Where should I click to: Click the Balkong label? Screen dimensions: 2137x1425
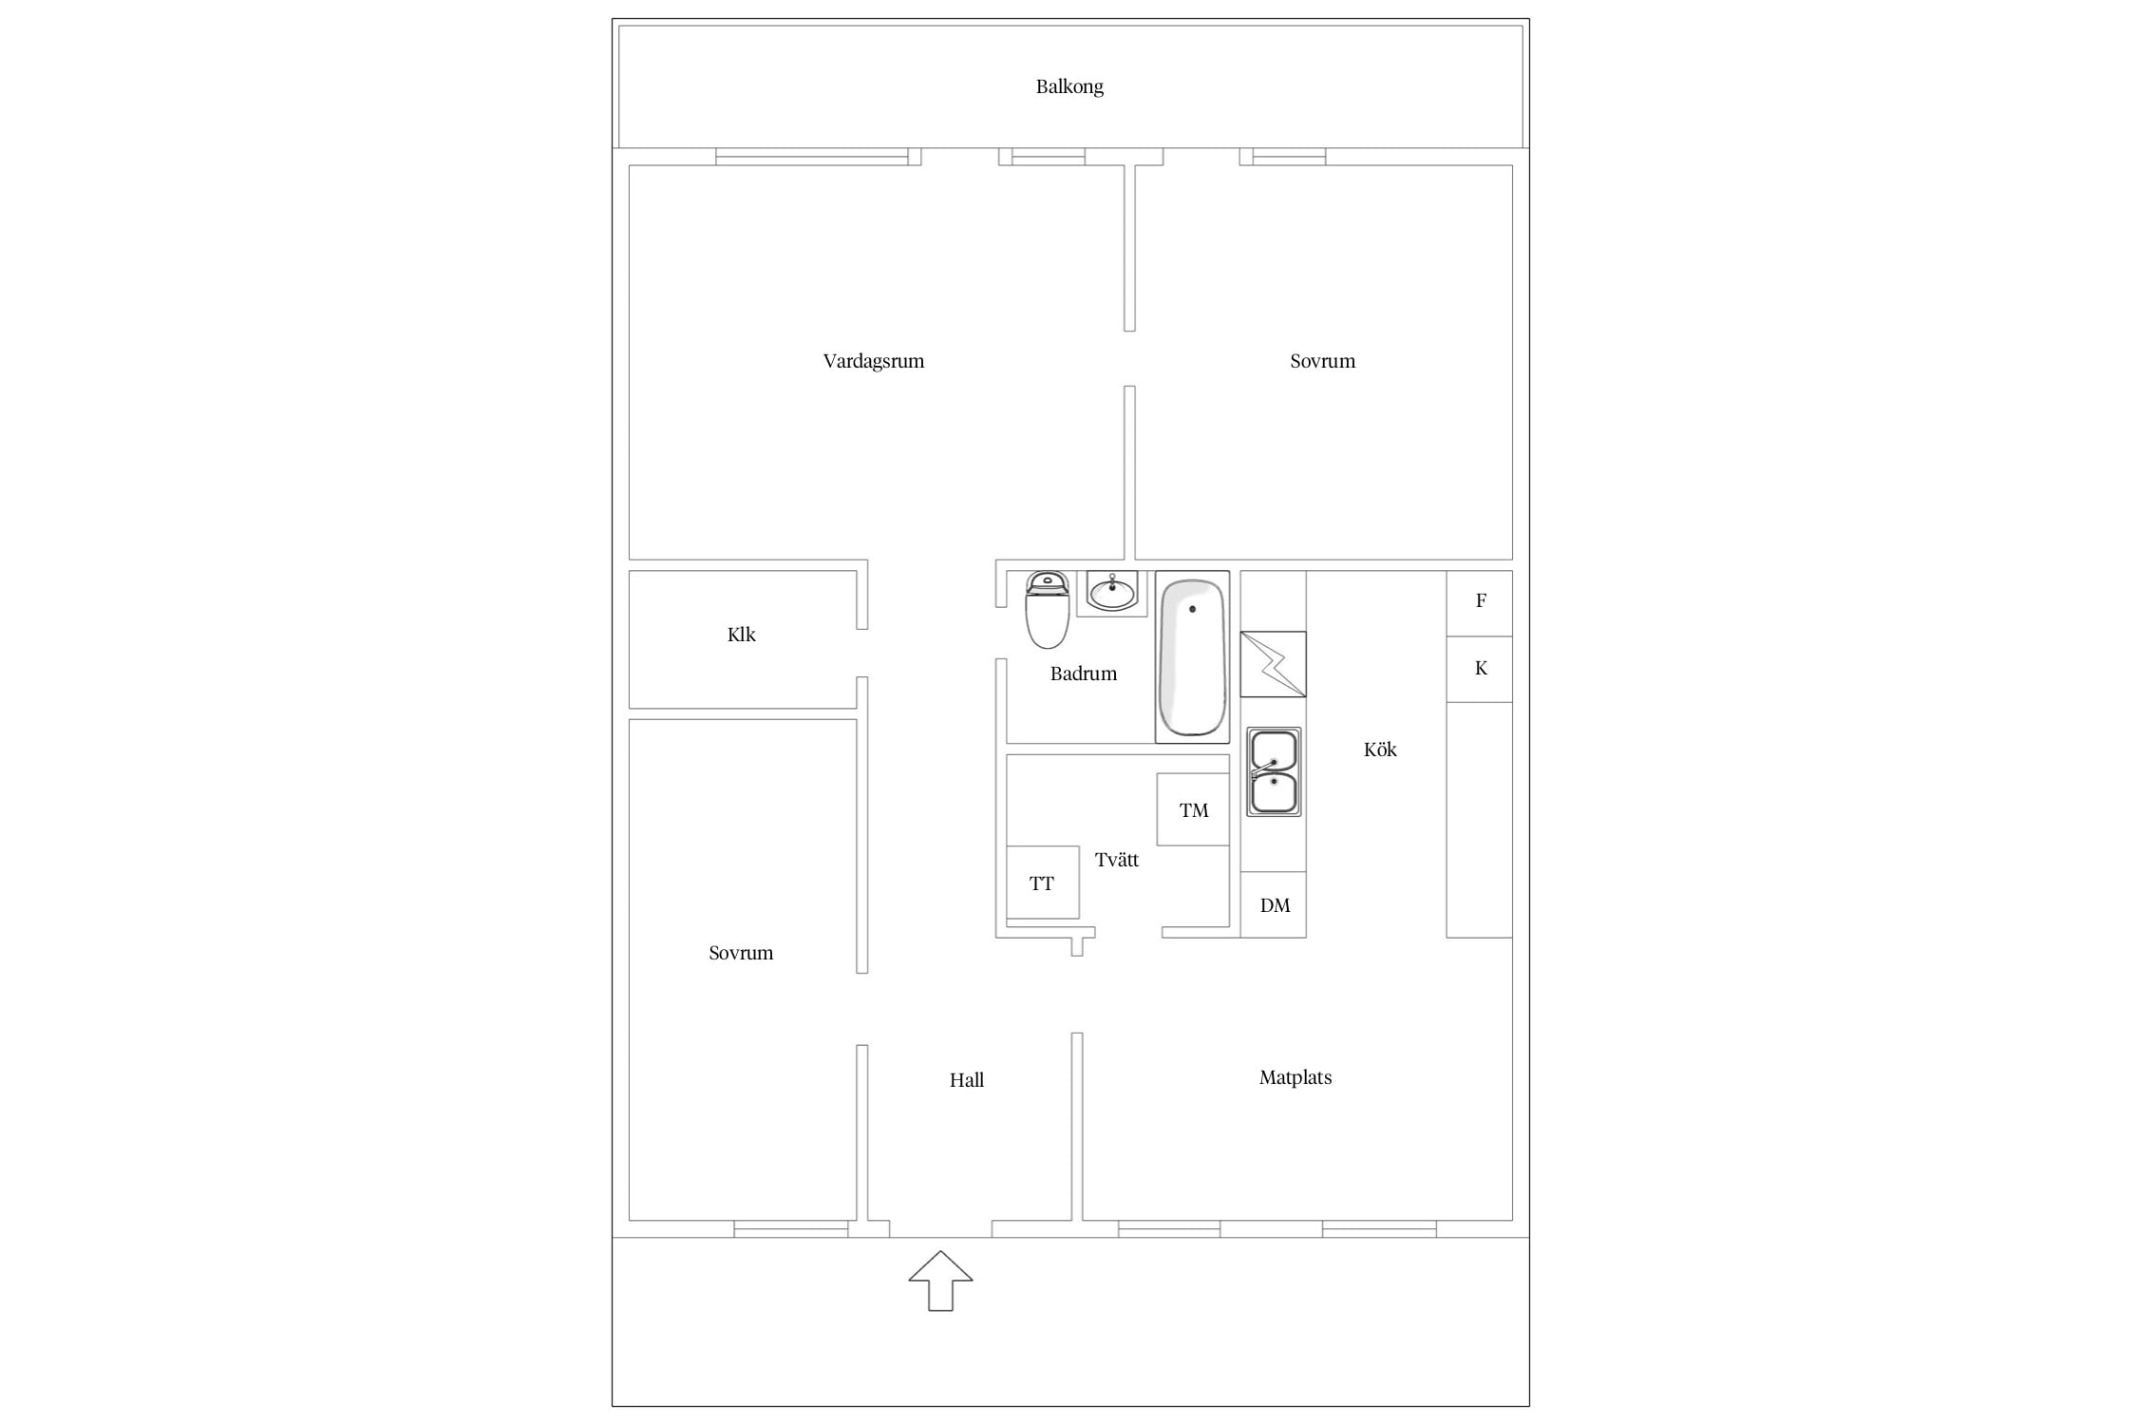(x=1069, y=87)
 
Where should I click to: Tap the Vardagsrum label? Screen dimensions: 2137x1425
(x=874, y=361)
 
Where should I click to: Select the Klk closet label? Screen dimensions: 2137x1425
(x=742, y=635)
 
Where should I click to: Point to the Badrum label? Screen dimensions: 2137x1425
(x=1084, y=674)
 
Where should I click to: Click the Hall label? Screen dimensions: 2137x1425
(x=967, y=1080)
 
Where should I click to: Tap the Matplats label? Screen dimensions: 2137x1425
(x=1295, y=1077)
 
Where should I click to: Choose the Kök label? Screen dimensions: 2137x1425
(x=1380, y=750)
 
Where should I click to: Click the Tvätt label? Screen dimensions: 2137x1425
(x=1117, y=860)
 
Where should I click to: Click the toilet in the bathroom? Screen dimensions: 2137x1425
(x=1048, y=610)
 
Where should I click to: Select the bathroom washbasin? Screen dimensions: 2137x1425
(x=1112, y=594)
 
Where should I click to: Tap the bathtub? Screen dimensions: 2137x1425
(x=1192, y=656)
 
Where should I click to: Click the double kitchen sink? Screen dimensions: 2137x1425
(x=1274, y=772)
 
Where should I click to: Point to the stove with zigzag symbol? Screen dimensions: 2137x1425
(x=1274, y=664)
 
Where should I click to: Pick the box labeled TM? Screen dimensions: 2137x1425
(x=1194, y=809)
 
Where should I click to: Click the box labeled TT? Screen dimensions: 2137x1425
(x=1043, y=883)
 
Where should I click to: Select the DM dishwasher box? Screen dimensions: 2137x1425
(x=1274, y=904)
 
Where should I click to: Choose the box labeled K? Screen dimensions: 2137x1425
(x=1480, y=670)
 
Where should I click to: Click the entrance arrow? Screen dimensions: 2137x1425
(x=940, y=1282)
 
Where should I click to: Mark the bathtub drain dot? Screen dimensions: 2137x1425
(x=1192, y=609)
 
